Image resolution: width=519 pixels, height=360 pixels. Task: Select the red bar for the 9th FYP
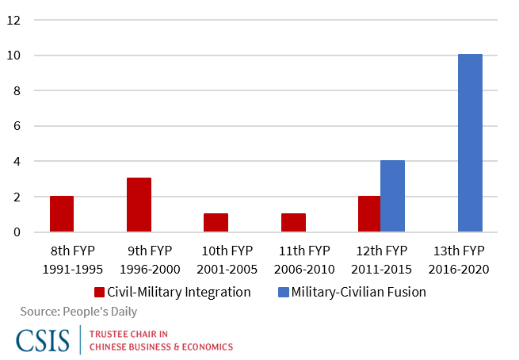pos(139,205)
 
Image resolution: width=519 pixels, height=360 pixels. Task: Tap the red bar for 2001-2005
pos(216,223)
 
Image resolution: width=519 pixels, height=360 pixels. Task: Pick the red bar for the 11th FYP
pos(293,223)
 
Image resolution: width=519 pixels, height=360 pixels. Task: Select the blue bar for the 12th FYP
pos(392,197)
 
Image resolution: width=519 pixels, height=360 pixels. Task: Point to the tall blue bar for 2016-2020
pos(469,143)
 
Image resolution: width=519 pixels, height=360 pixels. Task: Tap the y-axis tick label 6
pos(15,126)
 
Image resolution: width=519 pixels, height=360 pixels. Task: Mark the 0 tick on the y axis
pos(15,232)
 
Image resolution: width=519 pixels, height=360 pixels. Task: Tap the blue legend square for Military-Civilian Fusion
pos(283,292)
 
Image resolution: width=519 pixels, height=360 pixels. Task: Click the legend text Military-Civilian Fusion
pos(358,292)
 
